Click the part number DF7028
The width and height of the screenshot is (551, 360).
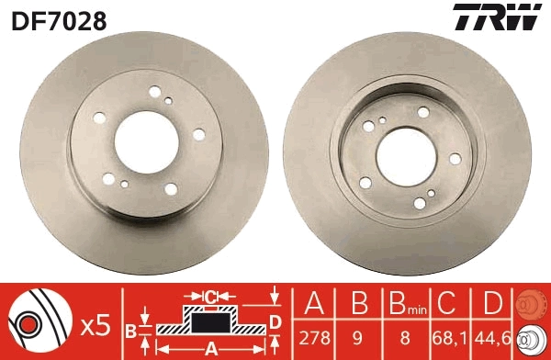[x=59, y=20]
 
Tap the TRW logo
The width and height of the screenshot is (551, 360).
[x=497, y=17]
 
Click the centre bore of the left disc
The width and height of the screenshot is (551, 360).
[x=147, y=142]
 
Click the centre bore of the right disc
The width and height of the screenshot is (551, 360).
[x=406, y=157]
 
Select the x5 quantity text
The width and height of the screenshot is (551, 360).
[x=96, y=325]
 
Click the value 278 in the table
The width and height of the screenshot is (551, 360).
[x=314, y=338]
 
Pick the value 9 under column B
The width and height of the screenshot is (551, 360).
[x=357, y=338]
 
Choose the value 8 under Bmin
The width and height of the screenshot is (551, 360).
[x=405, y=338]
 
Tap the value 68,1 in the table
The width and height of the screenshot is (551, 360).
[x=449, y=338]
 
